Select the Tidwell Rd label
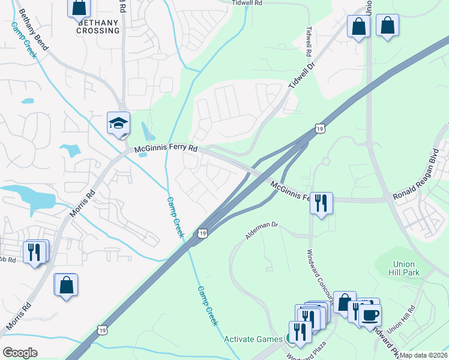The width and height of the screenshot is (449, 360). click(x=247, y=3)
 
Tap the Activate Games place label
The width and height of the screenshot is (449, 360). click(x=253, y=339)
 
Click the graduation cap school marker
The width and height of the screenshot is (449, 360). click(x=118, y=124)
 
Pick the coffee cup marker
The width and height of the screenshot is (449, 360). click(x=370, y=314)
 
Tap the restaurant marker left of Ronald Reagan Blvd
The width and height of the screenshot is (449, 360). click(x=321, y=203)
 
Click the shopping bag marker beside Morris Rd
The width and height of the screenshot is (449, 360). click(x=65, y=285)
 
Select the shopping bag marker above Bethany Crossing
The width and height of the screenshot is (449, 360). click(x=79, y=7)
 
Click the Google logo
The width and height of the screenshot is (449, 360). click(x=20, y=353)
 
